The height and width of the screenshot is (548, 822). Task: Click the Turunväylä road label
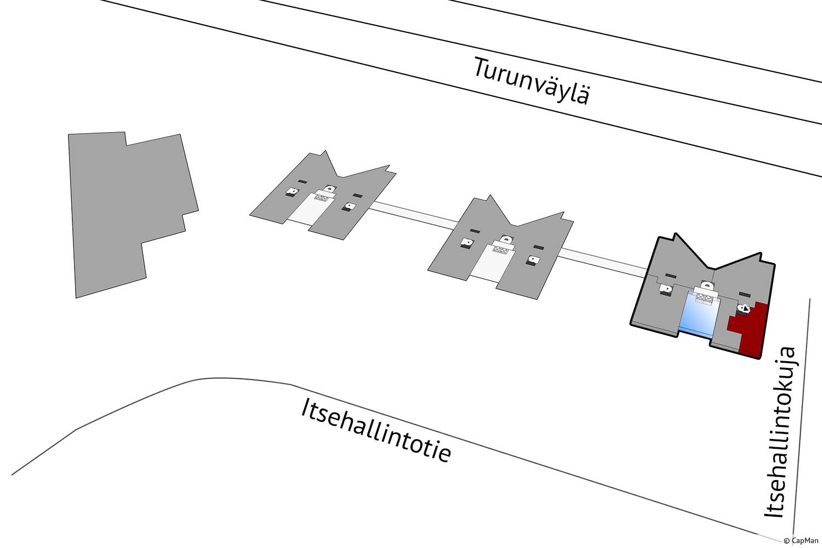click(x=532, y=81)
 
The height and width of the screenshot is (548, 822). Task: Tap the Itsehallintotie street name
click(x=376, y=431)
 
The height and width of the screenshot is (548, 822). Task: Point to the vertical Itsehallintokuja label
click(x=780, y=433)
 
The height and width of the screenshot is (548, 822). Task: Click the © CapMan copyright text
click(x=801, y=541)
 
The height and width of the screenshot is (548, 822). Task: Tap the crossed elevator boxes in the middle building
click(x=500, y=249)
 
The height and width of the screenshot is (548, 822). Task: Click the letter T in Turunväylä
click(x=482, y=68)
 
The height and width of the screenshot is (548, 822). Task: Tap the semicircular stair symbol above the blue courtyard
click(x=707, y=285)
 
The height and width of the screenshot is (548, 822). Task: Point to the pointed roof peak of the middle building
click(x=489, y=196)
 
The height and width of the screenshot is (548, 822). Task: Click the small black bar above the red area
click(x=744, y=294)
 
